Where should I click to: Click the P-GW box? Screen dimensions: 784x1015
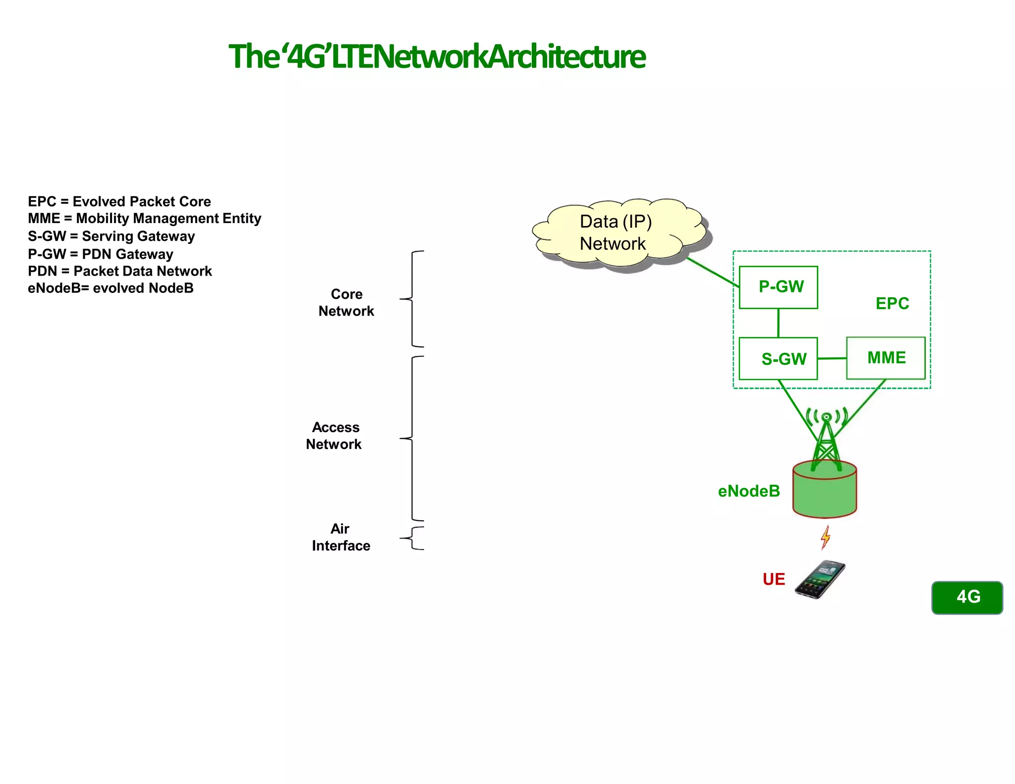778,287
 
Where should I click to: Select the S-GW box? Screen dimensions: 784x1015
778,359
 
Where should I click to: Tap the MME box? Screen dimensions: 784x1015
886,358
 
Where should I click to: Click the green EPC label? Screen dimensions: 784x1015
892,303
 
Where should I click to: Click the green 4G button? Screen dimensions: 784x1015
967,597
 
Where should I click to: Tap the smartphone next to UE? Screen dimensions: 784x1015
820,579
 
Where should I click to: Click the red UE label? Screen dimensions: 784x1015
774,579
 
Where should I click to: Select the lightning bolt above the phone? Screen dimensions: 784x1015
825,537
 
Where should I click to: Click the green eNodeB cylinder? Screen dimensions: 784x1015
824,493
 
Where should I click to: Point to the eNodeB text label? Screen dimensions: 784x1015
749,491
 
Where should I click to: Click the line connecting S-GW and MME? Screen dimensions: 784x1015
832,358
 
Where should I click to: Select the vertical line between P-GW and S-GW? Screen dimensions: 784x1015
778,323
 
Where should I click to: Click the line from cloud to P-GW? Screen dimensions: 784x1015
712,272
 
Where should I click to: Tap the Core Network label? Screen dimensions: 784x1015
346,302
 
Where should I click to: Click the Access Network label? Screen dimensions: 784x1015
334,436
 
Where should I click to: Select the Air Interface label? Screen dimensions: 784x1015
340,537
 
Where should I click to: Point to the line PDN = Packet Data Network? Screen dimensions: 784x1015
119,271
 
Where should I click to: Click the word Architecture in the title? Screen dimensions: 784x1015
567,56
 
